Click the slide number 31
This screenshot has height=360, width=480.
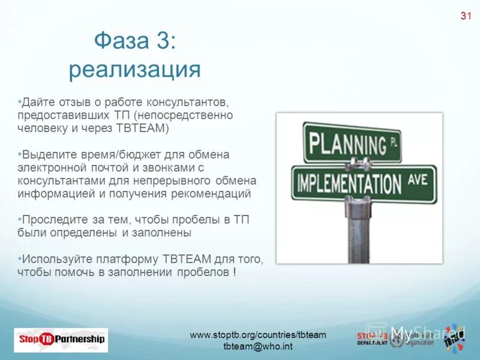pyautogui.click(x=465, y=16)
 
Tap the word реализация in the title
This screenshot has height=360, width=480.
pyautogui.click(x=134, y=70)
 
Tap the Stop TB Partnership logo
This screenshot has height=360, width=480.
pyautogui.click(x=61, y=340)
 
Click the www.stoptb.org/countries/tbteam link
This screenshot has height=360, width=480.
pyautogui.click(x=257, y=335)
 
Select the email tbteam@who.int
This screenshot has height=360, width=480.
pyautogui.click(x=257, y=347)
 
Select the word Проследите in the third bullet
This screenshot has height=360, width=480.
pyautogui.click(x=51, y=220)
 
